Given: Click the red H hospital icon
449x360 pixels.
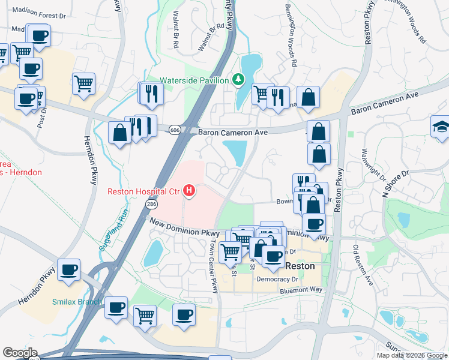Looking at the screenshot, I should (x=190, y=192).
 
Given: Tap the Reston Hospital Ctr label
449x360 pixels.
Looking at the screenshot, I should (x=144, y=192).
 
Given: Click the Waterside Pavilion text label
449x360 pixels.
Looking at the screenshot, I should (x=194, y=80).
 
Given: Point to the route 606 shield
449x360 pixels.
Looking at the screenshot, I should (x=175, y=130).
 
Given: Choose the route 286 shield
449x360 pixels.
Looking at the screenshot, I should (x=151, y=205).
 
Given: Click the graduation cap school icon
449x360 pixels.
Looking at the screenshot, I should (x=440, y=127).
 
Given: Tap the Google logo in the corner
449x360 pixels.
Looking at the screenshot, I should (x=20, y=353).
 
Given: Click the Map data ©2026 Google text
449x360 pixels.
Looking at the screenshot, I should (x=412, y=355).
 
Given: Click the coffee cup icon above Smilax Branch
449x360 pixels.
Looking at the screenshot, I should (x=69, y=269).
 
